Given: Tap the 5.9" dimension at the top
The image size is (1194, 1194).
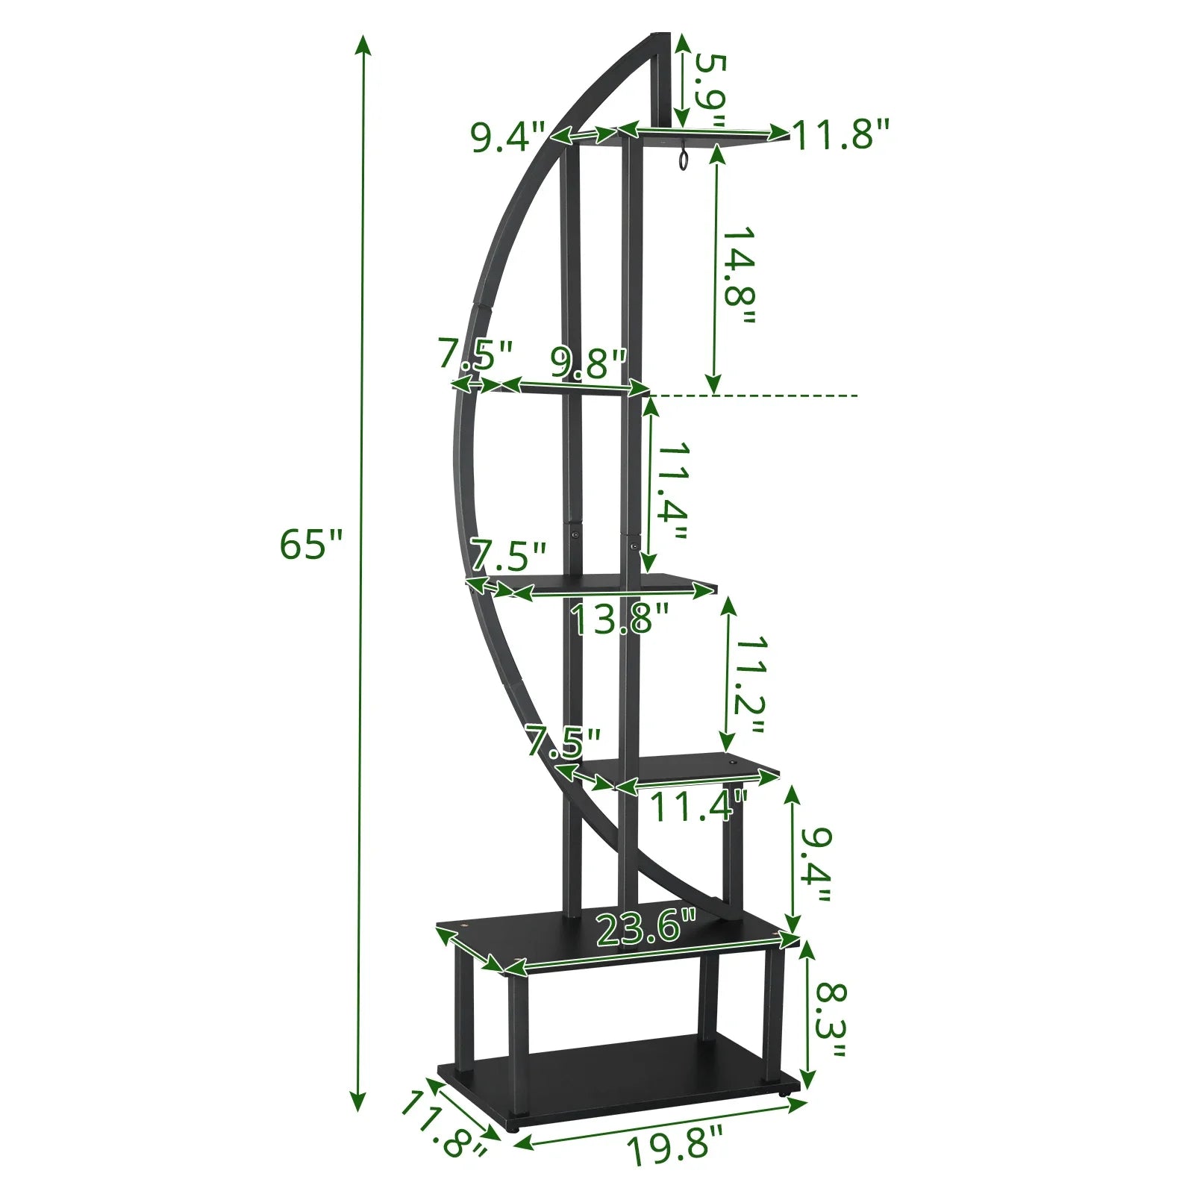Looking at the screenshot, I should pyautogui.click(x=710, y=90).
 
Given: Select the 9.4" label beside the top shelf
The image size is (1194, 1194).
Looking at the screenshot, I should pyautogui.click(x=508, y=137).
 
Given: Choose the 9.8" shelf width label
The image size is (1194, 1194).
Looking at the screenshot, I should pyautogui.click(x=588, y=363).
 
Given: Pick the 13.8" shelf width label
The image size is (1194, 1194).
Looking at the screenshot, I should pyautogui.click(x=620, y=619).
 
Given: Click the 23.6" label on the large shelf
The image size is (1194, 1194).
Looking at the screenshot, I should pyautogui.click(x=646, y=928).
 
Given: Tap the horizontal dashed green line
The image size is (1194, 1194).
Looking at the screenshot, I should pyautogui.click(x=754, y=395).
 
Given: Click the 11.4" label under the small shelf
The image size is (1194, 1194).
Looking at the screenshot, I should pyautogui.click(x=698, y=807).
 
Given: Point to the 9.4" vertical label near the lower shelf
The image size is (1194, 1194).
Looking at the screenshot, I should pyautogui.click(x=813, y=865).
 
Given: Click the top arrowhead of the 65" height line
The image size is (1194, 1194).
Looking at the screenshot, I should pyautogui.click(x=363, y=45).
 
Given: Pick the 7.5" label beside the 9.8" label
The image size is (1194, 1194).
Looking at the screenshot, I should pyautogui.click(x=475, y=354).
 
